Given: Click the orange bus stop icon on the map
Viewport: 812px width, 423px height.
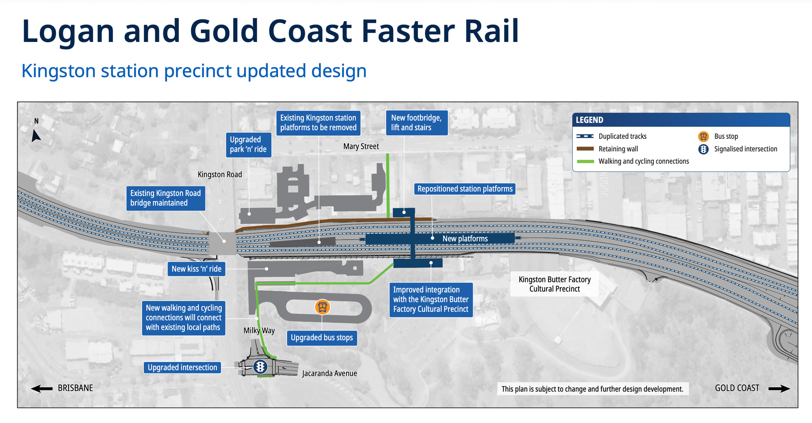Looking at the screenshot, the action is pos(322,307).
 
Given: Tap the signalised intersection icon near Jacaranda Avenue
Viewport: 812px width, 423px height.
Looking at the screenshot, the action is pos(260,366).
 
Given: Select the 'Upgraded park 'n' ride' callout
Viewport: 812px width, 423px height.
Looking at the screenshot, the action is pos(248,144).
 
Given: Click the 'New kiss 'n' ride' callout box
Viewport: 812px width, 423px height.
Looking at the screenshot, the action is pos(197,269).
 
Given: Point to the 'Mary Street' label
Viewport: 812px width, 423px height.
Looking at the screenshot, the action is pos(361,147).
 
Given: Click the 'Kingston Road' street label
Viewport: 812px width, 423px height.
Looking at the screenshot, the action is pos(220,174).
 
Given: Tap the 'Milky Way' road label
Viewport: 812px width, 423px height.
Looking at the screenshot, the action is pos(259,331).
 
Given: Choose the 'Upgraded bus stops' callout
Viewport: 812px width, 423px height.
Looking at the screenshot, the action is pos(322,338).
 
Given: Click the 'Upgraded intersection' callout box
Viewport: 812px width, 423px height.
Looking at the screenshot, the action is pos(182,368).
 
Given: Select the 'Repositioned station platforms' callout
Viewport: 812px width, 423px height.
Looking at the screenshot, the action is pos(465,189).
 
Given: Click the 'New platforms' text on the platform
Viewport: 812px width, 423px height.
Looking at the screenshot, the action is pos(465,239).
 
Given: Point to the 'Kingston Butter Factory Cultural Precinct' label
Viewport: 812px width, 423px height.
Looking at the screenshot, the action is pos(554,284).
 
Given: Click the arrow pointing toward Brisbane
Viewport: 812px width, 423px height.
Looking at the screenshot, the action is pos(42,388).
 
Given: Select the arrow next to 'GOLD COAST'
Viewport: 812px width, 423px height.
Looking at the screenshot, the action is pos(779,389).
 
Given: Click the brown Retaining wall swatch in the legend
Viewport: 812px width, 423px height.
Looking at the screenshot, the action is pos(585,149).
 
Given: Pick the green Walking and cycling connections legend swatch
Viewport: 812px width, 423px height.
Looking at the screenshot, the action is pos(585,161).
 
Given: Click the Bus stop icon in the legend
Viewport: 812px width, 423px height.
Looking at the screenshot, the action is pos(703,136).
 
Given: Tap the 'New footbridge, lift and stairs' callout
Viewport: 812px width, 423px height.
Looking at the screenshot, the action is pos(417,123).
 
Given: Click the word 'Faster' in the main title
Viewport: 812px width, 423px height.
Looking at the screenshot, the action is pos(407,31).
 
